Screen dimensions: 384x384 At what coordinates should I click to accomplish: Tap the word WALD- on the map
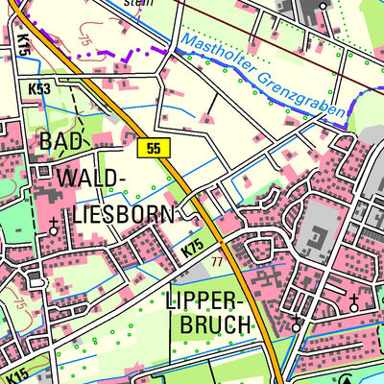tap(91, 178)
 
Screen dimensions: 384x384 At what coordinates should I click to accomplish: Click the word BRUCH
tap(215, 324)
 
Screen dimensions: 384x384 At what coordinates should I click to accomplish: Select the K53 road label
tap(39, 88)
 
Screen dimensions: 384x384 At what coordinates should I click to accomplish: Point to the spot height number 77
tap(217, 261)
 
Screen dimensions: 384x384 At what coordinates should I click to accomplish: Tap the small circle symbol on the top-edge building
tap(324, 6)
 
